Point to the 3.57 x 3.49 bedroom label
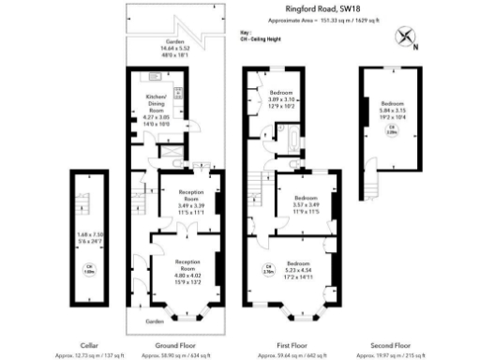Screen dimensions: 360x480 point(305,205)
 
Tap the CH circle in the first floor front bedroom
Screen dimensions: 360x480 point(266,270)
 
